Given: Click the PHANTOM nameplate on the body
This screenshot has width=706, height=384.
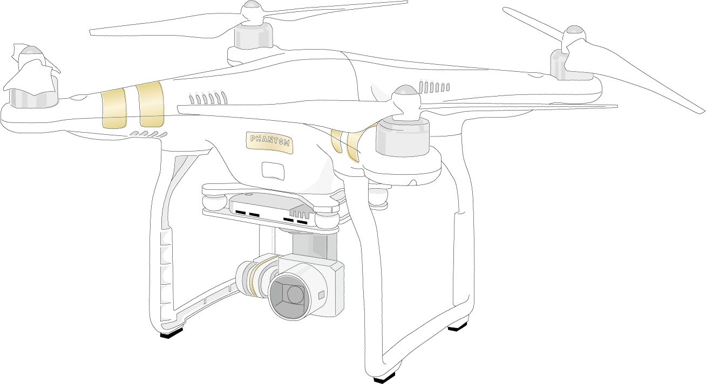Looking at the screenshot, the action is click(269, 142).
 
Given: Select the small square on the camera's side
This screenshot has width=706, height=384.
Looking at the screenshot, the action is click(321, 295).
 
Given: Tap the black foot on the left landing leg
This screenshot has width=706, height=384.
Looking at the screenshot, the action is click(172, 334).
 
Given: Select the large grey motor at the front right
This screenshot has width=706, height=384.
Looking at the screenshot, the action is click(403, 137).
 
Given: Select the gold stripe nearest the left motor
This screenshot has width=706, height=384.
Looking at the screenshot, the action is click(114, 108).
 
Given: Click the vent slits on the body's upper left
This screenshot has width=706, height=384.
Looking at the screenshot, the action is click(208, 98).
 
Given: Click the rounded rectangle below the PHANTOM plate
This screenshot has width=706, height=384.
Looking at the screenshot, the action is click(273, 170).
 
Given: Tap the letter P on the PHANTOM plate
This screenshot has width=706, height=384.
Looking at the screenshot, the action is click(253, 138).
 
